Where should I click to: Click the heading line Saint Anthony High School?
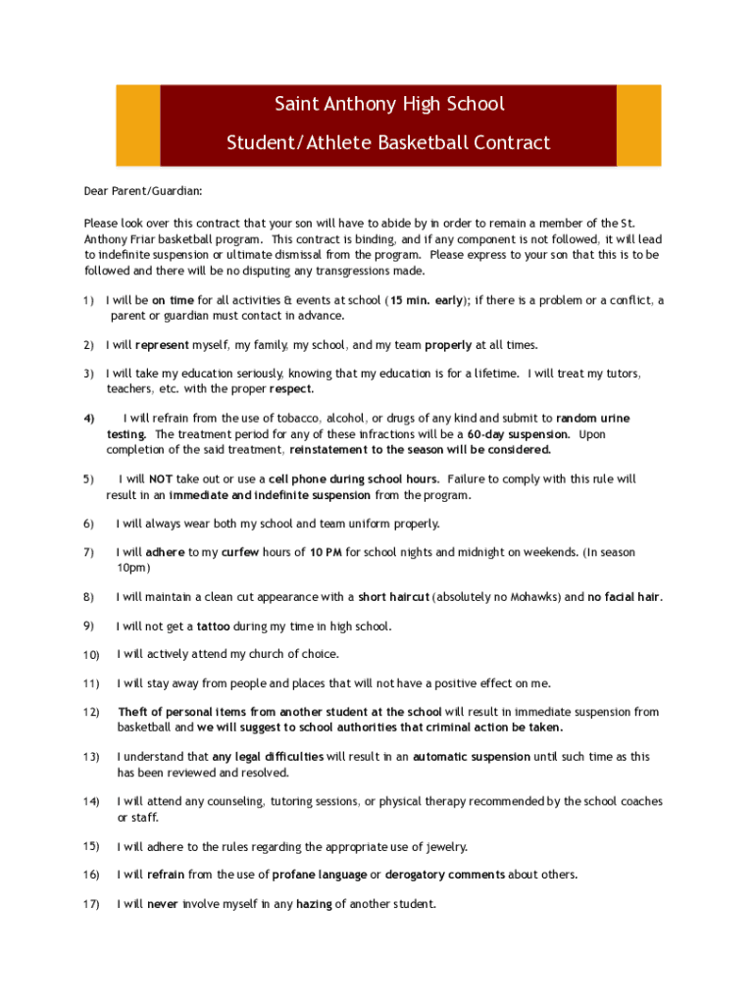(x=389, y=104)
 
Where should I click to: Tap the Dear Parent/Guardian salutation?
(x=143, y=193)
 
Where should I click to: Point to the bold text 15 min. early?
(x=427, y=301)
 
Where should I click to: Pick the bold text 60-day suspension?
(x=519, y=434)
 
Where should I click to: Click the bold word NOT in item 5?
(x=161, y=479)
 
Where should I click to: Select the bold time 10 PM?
(x=326, y=553)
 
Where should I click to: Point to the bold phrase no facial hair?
(x=625, y=597)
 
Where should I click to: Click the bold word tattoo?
(x=214, y=627)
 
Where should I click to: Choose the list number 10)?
(x=91, y=655)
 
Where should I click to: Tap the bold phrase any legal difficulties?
(x=268, y=757)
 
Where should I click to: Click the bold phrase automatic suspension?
(x=472, y=757)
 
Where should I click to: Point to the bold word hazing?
(x=314, y=904)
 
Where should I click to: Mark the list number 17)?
(x=91, y=904)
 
